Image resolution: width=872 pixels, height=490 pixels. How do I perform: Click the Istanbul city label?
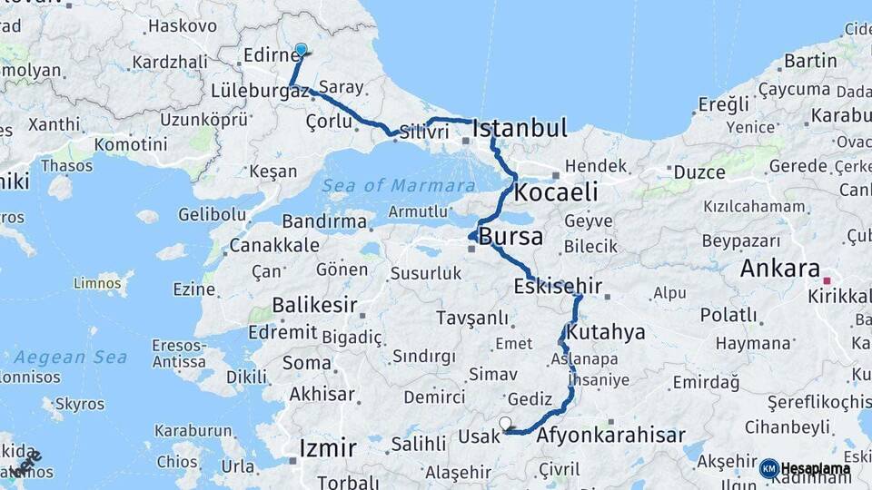520,127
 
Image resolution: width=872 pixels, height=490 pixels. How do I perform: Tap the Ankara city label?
780,269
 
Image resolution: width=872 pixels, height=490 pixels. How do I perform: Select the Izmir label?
328,447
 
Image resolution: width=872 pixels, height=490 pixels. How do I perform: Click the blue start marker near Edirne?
302,51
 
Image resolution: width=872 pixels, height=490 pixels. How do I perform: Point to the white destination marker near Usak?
505,423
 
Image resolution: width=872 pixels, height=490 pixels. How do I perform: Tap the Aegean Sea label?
70,357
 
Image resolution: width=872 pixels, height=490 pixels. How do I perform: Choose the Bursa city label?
511,238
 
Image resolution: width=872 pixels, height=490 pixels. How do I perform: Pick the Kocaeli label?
556,192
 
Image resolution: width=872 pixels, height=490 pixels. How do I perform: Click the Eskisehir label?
558,287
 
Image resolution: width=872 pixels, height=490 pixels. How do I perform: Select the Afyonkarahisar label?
611,436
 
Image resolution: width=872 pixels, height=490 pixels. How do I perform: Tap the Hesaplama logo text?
816,469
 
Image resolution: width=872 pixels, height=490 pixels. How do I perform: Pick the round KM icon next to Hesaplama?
768,469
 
